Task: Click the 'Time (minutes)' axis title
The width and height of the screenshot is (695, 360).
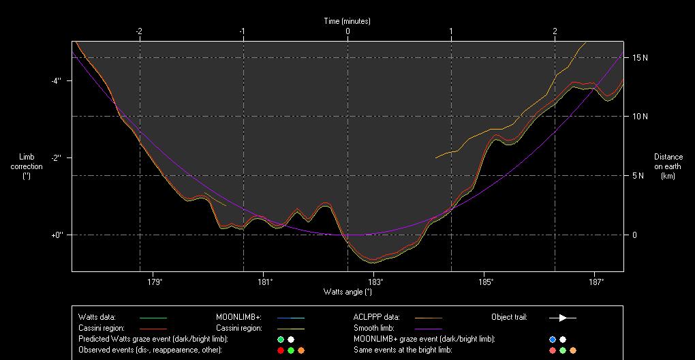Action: point(347,21)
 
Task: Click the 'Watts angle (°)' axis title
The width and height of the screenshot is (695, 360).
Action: point(347,292)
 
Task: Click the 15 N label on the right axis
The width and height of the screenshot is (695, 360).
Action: point(640,58)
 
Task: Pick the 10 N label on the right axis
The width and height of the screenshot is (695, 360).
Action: point(640,117)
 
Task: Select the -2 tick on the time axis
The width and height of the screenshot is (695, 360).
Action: point(139,31)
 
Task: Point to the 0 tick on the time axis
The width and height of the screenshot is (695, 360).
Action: point(347,31)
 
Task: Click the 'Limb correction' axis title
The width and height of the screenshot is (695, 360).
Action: point(27,166)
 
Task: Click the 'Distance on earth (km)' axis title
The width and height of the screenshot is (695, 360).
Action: point(668,166)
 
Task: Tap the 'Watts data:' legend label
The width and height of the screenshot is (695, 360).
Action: point(97,317)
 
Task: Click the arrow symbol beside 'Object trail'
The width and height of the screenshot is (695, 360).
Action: point(563,318)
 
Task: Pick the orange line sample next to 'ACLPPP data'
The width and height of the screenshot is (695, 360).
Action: point(427,318)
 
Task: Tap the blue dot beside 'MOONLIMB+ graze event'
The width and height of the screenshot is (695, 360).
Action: point(553,339)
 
